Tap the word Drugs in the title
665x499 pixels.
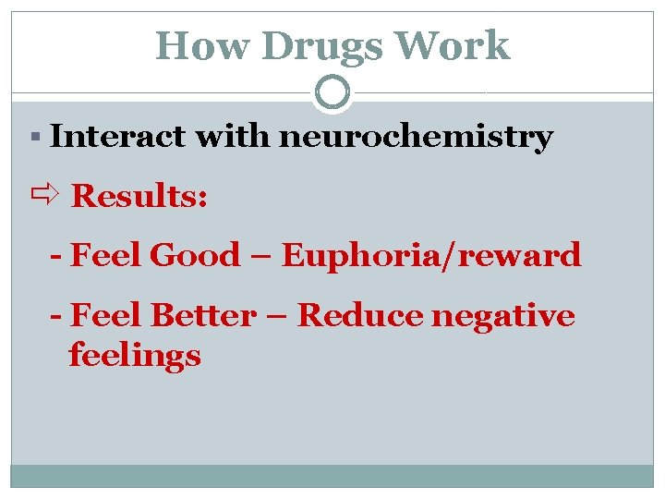tap(300, 46)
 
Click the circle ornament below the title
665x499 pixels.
tap(332, 92)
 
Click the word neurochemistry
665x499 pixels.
tap(416, 138)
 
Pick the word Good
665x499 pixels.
tap(194, 255)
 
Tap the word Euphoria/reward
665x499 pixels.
tap(431, 255)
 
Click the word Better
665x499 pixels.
tap(203, 316)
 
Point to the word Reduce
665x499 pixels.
tap(357, 316)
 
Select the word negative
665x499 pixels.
tap(502, 316)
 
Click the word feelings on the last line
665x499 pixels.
tap(135, 356)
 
